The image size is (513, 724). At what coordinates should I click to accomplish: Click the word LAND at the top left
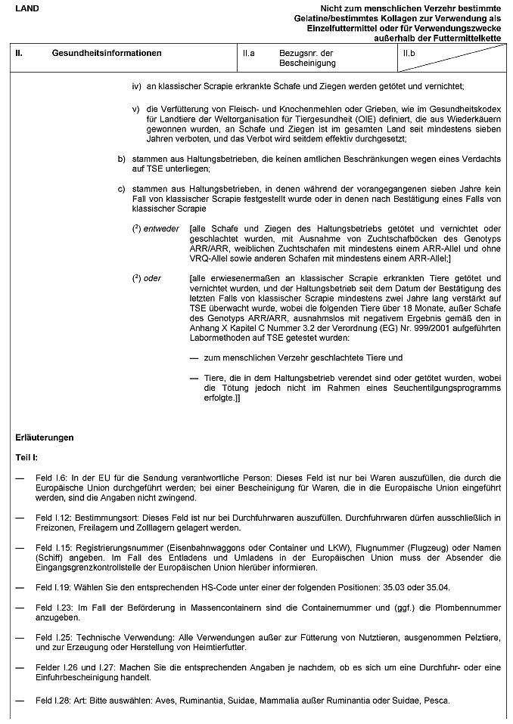(26, 7)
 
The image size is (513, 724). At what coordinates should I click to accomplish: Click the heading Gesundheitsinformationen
(107, 54)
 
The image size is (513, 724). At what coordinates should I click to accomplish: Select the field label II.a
(248, 54)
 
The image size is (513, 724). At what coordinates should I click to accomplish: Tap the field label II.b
(410, 54)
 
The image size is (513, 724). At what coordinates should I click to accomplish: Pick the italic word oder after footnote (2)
(152, 278)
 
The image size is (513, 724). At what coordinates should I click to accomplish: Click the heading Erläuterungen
(45, 438)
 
